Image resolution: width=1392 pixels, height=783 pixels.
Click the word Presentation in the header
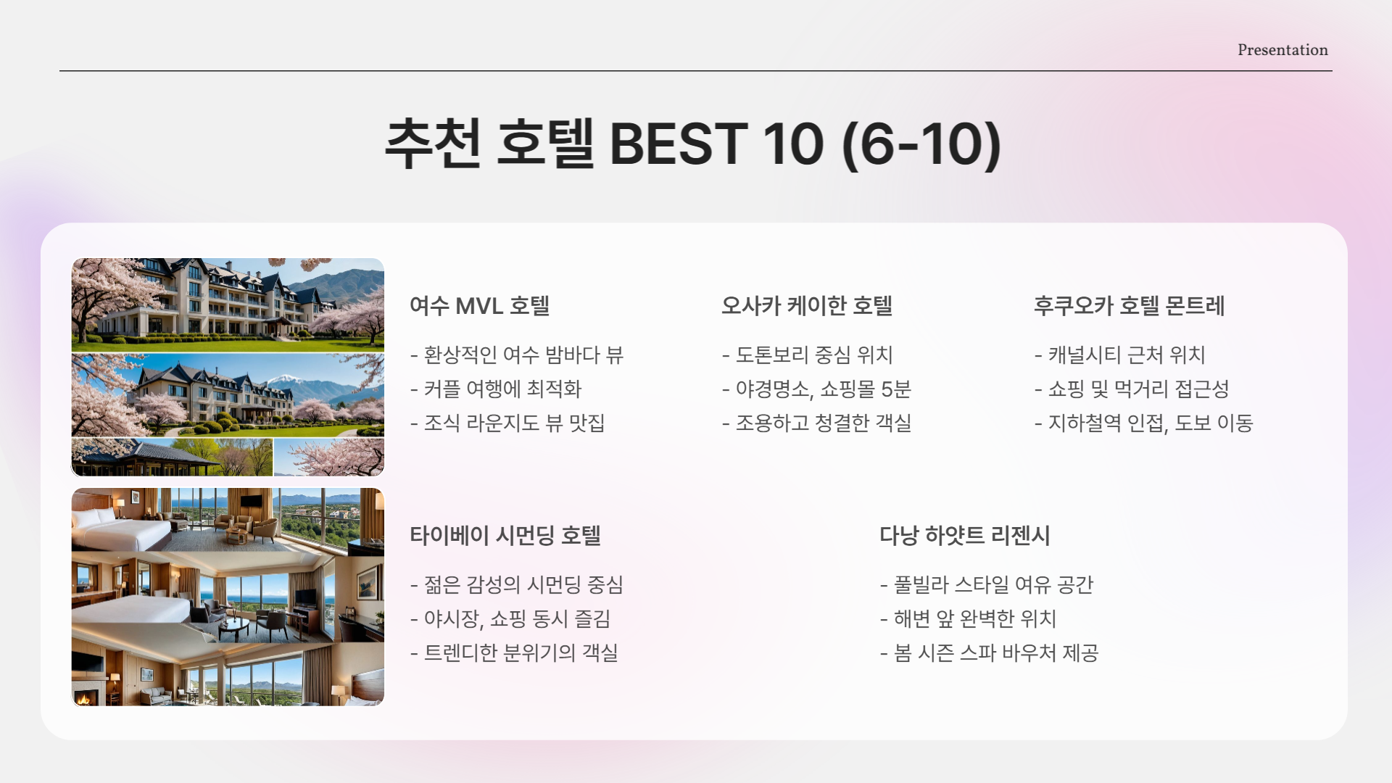[1283, 50]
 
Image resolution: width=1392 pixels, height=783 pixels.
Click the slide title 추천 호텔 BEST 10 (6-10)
[692, 144]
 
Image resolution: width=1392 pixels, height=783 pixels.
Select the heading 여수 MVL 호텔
[479, 306]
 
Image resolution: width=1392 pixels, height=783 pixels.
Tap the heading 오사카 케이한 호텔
[806, 306]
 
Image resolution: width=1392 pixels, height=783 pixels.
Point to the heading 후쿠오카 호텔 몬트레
[1129, 306]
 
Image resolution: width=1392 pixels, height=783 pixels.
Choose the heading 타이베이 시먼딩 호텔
[505, 536]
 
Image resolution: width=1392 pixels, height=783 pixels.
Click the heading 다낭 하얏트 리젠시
[964, 536]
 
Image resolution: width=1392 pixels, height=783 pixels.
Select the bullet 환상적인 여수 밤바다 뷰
[517, 355]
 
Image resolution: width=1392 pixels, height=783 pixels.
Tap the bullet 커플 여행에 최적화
[496, 389]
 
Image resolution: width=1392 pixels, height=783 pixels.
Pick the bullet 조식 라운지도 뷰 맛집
[507, 423]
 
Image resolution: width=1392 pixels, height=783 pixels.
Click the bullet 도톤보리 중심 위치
[808, 355]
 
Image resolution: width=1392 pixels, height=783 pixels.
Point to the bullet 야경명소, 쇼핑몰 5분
[816, 389]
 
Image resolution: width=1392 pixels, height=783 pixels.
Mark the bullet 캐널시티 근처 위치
[1120, 355]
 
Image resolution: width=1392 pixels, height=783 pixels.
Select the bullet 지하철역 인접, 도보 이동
[1144, 423]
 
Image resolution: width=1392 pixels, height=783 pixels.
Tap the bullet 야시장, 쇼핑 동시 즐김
[510, 619]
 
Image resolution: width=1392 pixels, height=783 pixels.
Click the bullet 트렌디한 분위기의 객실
[514, 653]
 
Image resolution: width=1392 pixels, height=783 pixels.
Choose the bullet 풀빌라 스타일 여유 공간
[987, 585]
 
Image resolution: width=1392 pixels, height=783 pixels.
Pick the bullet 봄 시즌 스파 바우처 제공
[990, 653]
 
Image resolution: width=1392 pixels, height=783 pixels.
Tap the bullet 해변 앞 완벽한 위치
[969, 619]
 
